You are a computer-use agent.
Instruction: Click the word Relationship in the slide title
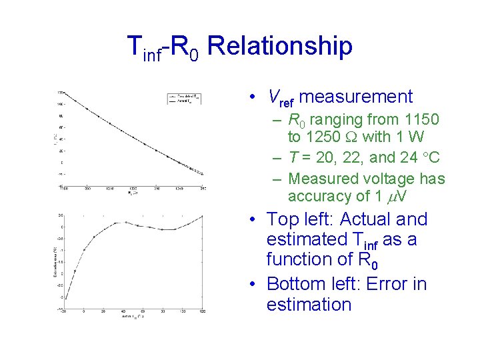[x=280, y=46]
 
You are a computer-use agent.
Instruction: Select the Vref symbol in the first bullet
[x=281, y=97]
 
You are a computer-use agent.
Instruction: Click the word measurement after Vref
[x=356, y=97]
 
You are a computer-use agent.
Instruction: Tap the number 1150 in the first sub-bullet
[x=421, y=120]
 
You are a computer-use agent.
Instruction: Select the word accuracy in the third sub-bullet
[x=317, y=196]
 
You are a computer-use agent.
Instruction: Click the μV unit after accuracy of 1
[x=401, y=197]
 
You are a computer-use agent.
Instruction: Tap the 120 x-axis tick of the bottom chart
[x=202, y=312]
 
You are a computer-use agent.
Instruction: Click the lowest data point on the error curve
[x=65, y=297]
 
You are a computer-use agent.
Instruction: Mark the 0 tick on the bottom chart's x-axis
[x=83, y=312]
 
